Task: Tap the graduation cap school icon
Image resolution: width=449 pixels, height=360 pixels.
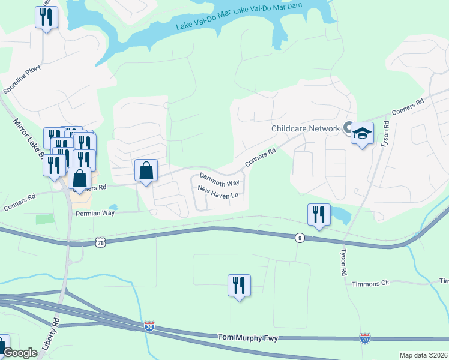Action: coord(363,133)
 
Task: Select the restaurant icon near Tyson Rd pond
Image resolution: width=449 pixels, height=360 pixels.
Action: coord(319,215)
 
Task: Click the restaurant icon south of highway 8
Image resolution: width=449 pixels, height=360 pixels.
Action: coord(239,286)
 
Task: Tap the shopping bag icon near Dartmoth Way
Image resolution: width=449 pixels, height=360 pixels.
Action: coord(146,171)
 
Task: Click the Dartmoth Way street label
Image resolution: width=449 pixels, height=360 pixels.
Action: coord(219,179)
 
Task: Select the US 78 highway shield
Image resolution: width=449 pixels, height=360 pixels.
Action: coord(100,242)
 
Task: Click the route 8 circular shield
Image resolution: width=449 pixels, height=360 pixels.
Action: coord(299,238)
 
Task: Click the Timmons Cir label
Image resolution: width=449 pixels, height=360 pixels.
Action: coord(371,283)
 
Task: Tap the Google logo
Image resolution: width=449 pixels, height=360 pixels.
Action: coord(20,353)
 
